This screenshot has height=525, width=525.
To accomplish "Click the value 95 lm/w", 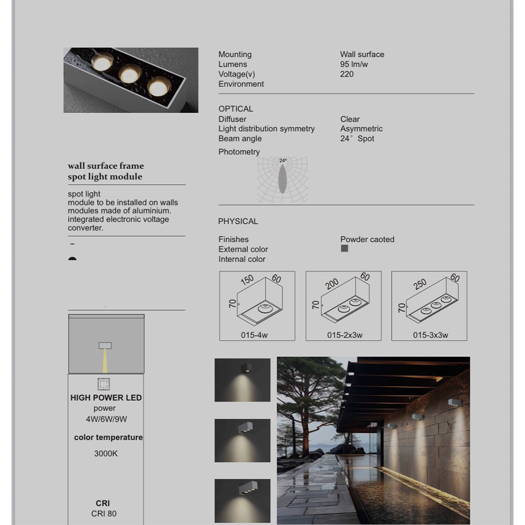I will [x=354, y=64].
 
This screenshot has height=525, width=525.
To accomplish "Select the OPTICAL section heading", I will [x=236, y=109].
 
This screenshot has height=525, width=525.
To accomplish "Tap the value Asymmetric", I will [x=361, y=129].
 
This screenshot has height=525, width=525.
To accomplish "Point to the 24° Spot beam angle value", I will [x=357, y=139].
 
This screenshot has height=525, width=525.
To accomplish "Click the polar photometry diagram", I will [x=283, y=180].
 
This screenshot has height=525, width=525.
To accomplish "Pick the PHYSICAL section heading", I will [x=238, y=221].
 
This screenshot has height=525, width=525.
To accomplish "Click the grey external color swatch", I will [x=345, y=249].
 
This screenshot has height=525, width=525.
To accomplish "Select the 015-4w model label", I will [x=254, y=335].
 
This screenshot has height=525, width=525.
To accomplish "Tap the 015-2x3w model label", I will [x=345, y=335].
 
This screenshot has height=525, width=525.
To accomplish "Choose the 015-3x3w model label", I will [x=430, y=335].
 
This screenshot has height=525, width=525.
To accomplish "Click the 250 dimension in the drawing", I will [x=420, y=284].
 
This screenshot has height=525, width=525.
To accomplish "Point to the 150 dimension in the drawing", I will [x=247, y=280].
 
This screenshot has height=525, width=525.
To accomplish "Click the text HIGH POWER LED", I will [x=106, y=398].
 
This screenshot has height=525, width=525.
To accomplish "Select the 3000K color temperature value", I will [x=106, y=453].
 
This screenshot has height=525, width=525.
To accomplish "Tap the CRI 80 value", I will [x=104, y=514].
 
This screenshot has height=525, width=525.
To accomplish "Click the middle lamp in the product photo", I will [x=129, y=74].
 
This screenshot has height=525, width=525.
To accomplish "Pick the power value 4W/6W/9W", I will [x=106, y=419].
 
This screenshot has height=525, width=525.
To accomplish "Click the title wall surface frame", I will [x=105, y=166].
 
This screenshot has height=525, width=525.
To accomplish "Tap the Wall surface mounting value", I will [x=362, y=54].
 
